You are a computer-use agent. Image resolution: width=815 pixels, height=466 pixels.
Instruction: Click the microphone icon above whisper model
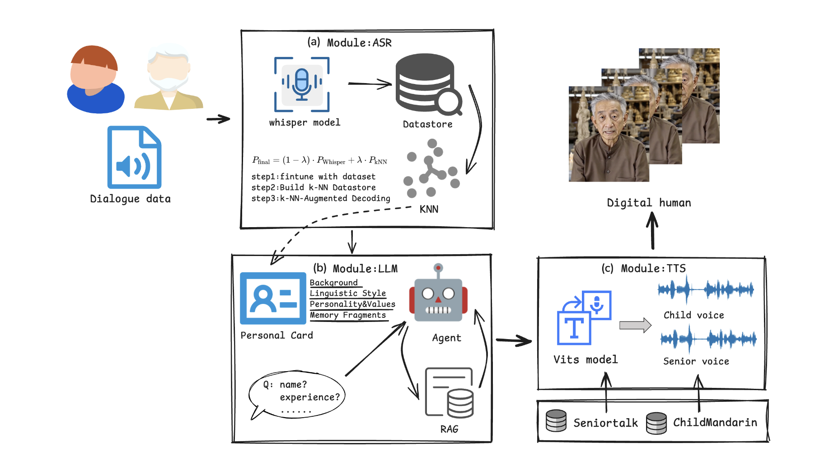pyautogui.click(x=302, y=84)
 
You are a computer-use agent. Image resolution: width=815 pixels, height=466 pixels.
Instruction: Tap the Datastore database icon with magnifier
pyautogui.click(x=428, y=84)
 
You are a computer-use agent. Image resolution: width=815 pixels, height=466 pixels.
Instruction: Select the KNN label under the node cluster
pyautogui.click(x=429, y=209)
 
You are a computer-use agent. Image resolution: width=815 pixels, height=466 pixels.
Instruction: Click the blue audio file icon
pyautogui.click(x=134, y=157)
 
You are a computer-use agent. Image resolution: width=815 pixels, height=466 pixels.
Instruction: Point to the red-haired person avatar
pyautogui.click(x=95, y=79)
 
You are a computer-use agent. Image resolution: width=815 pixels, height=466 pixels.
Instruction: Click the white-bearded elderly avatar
pyautogui.click(x=169, y=77)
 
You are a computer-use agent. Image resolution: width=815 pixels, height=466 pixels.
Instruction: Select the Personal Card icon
pyautogui.click(x=273, y=298)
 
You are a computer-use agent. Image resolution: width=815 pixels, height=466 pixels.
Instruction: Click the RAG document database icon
pyautogui.click(x=449, y=392)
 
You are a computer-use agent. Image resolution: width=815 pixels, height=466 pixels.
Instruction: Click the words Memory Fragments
pyautogui.click(x=348, y=315)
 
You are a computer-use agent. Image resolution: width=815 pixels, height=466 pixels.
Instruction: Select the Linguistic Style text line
pyautogui.click(x=348, y=294)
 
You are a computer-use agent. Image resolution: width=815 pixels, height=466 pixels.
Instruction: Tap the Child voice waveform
pyautogui.click(x=706, y=289)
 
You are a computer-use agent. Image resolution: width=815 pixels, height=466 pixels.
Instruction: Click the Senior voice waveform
pyautogui.click(x=708, y=339)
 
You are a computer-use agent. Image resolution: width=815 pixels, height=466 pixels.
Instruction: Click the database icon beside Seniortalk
pyautogui.click(x=556, y=421)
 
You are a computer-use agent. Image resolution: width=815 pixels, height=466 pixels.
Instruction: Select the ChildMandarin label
pyautogui.click(x=715, y=422)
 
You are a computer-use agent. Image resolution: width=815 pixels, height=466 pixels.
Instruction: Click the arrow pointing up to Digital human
pyautogui.click(x=652, y=230)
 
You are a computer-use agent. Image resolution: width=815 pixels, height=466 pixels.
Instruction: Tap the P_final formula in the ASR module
pyautogui.click(x=319, y=160)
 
